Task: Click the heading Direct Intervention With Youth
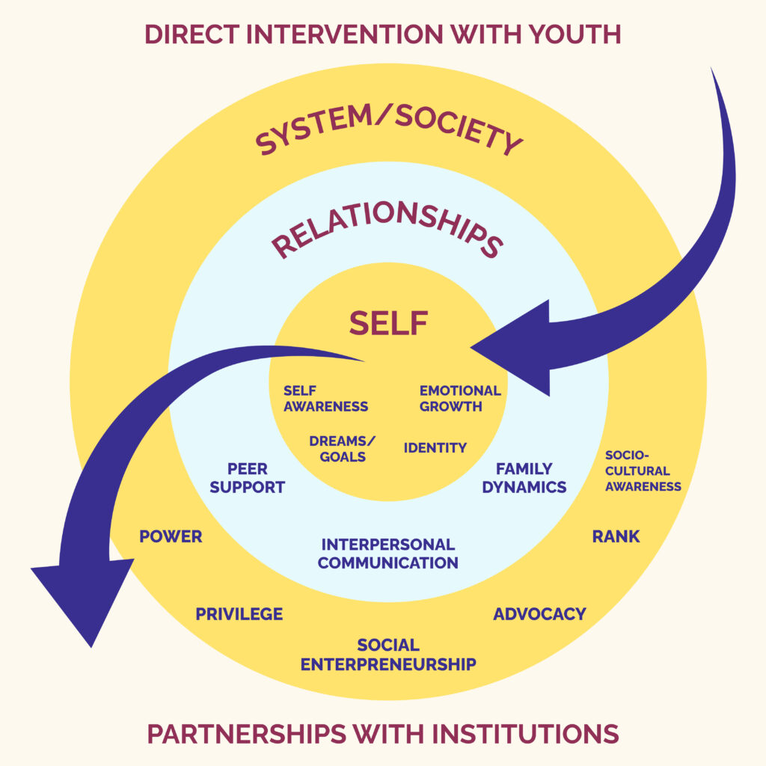[382, 34]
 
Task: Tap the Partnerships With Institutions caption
[382, 733]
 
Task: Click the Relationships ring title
[386, 232]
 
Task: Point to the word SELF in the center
[388, 322]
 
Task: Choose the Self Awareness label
[325, 399]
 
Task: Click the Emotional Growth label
[459, 399]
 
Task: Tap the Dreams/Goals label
[342, 449]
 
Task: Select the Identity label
[435, 448]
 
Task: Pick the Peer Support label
[247, 478]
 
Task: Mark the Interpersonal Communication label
[387, 554]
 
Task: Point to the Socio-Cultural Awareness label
[643, 471]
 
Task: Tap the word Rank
[616, 536]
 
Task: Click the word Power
[171, 537]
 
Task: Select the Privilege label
[239, 614]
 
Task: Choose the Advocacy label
[539, 614]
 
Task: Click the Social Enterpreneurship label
[387, 655]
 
